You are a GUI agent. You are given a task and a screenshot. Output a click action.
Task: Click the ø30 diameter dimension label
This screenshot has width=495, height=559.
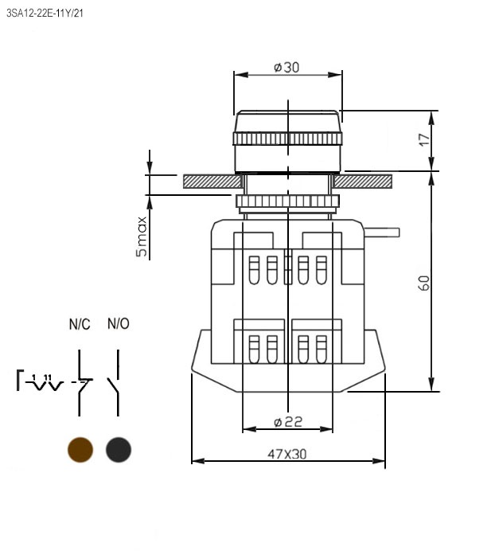point(286,68)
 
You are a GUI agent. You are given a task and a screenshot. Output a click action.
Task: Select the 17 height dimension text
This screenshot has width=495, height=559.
point(424,139)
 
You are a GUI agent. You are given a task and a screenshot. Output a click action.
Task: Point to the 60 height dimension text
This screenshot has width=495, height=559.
point(424,282)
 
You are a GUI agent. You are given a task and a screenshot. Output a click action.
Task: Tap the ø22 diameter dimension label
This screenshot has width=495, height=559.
point(287,420)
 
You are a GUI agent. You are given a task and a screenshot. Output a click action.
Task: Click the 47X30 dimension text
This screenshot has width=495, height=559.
point(286,454)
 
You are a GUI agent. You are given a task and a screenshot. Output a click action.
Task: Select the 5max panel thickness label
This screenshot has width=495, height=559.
point(142,236)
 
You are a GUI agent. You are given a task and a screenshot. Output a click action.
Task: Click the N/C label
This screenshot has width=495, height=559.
point(80,324)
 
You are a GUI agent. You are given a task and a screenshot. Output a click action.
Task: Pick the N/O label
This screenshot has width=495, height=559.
point(118,324)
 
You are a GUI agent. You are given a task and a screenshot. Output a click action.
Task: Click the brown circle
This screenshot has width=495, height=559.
point(80,449)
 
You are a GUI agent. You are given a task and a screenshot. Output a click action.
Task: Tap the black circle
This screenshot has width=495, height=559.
point(119,449)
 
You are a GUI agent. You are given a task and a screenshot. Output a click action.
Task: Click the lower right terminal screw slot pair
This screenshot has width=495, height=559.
point(313,349)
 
